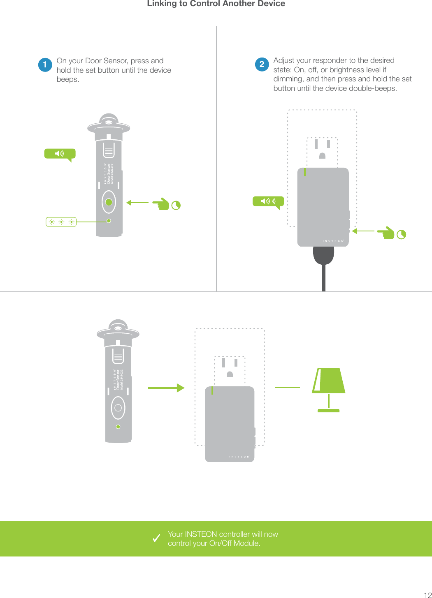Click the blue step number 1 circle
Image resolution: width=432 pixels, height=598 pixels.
tap(45, 65)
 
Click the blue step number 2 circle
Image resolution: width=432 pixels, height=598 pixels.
tap(262, 64)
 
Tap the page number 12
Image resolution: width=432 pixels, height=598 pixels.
tap(427, 595)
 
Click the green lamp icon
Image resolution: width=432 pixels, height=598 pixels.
tap(328, 389)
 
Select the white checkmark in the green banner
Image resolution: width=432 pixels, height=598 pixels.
tap(156, 538)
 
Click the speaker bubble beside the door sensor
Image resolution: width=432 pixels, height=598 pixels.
tap(60, 154)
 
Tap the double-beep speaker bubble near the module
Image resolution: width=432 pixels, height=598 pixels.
tap(268, 201)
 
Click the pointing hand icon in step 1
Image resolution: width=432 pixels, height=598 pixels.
tap(161, 204)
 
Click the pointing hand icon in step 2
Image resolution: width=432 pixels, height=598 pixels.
tap(386, 233)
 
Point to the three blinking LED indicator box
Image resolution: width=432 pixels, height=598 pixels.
tap(61, 222)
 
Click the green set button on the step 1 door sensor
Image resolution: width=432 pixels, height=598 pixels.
tap(109, 202)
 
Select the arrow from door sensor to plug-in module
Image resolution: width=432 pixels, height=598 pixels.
tap(166, 388)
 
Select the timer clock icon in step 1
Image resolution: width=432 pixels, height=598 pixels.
tap(176, 205)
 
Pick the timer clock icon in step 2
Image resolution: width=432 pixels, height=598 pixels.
tap(401, 234)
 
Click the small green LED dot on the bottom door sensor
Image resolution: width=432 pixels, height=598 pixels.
tap(118, 427)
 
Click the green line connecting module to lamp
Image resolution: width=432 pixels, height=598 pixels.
tap(287, 387)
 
